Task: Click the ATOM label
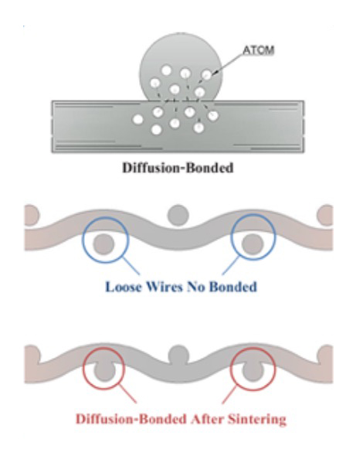(x=259, y=50)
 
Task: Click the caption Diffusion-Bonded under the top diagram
(x=178, y=168)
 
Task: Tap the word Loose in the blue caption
(x=124, y=287)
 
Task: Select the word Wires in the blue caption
(x=164, y=287)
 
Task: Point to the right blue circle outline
(x=231, y=237)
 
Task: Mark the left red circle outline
(x=83, y=369)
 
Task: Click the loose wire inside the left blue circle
(x=104, y=244)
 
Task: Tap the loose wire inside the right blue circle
(x=253, y=244)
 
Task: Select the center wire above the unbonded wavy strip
(x=178, y=216)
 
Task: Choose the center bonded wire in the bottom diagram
(x=178, y=355)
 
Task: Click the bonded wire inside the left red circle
(x=104, y=372)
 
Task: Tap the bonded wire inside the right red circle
(x=253, y=372)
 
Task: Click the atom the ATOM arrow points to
(x=207, y=75)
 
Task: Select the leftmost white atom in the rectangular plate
(x=138, y=120)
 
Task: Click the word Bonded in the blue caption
(x=233, y=287)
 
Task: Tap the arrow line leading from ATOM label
(x=229, y=64)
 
